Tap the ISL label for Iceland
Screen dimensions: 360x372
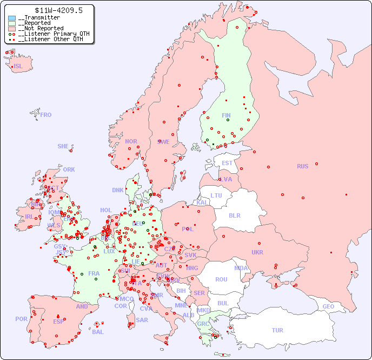(x=18, y=67)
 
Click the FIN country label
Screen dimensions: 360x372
(x=226, y=115)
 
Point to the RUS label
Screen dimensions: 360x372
(x=302, y=166)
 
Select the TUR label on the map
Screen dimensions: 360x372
(x=277, y=330)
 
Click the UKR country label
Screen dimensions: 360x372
(x=257, y=252)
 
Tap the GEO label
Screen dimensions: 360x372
(x=328, y=306)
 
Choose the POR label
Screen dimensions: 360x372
(x=21, y=319)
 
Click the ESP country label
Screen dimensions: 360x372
(x=58, y=321)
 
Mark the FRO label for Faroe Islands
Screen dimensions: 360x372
(x=46, y=115)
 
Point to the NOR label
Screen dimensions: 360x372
(x=131, y=141)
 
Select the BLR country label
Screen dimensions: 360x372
(x=234, y=215)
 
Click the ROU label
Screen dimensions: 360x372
(x=221, y=279)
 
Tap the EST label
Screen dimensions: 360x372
(x=227, y=163)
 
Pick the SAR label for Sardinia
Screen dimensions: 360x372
(x=142, y=320)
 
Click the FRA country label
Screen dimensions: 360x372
(x=94, y=273)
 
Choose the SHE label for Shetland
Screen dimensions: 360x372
(x=63, y=146)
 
